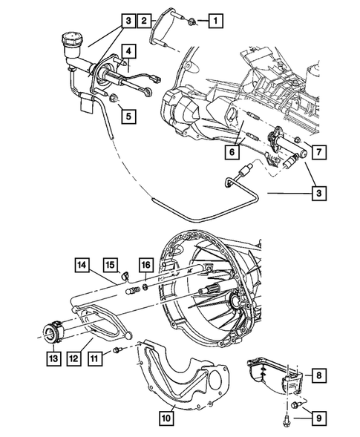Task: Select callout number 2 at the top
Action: pyautogui.click(x=145, y=20)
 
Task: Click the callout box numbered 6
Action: pyautogui.click(x=232, y=152)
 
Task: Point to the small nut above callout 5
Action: pyautogui.click(x=113, y=98)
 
